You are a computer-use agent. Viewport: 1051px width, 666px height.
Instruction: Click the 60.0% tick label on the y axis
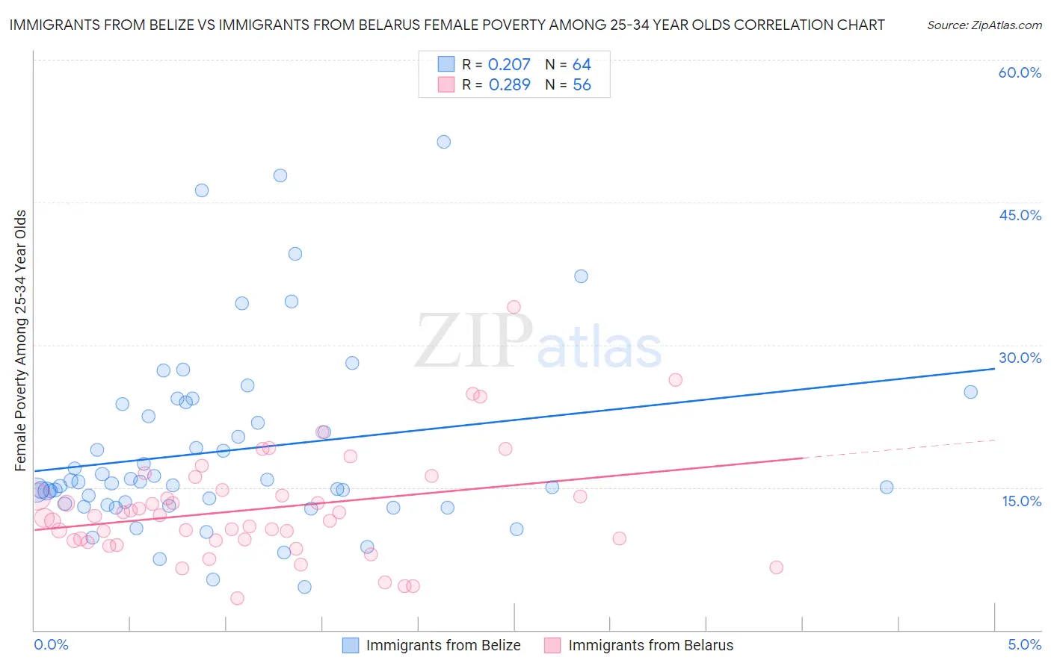tap(1020, 72)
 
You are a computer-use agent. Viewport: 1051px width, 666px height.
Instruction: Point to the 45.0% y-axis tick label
tap(1020, 215)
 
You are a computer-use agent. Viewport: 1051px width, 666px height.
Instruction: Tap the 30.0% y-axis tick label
tap(1020, 358)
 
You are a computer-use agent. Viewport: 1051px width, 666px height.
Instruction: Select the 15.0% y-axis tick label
tap(1021, 501)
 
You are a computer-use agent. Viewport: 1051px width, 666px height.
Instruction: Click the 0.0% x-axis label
tap(51, 644)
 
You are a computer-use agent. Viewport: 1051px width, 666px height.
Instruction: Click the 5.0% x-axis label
tap(1024, 644)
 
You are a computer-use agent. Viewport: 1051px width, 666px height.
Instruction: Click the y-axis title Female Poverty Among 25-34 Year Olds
tap(20, 340)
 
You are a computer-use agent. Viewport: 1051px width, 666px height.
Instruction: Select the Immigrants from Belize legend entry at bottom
tap(443, 645)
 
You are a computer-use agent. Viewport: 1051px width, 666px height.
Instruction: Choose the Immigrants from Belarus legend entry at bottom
tap(650, 645)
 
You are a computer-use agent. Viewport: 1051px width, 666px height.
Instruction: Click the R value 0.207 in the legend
tap(509, 65)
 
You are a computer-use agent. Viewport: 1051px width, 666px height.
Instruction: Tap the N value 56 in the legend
tap(582, 85)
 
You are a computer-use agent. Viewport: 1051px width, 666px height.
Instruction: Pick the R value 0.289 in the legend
tap(509, 85)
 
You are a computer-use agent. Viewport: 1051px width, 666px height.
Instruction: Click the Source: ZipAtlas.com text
tap(984, 25)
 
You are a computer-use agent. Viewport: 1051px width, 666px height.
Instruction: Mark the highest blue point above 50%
tap(443, 142)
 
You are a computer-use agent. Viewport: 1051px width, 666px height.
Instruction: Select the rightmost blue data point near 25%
tap(970, 392)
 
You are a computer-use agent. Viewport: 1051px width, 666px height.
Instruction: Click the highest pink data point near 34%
tap(514, 307)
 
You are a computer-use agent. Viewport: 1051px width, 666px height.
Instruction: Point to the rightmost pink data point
tap(776, 567)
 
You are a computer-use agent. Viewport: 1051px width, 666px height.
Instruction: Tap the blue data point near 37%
tap(581, 276)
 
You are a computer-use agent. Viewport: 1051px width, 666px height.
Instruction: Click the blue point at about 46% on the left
tap(202, 190)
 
